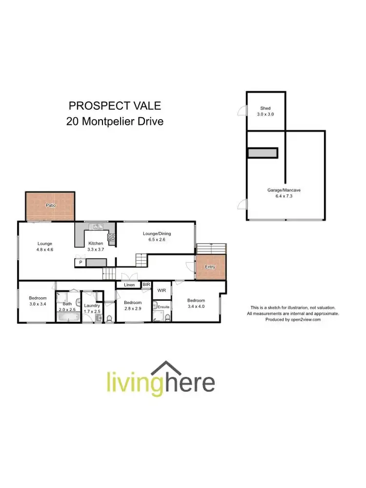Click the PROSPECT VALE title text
point(115,105)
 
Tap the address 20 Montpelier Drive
point(115,121)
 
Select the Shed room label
point(265,108)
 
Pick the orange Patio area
point(50,206)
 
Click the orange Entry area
point(210,267)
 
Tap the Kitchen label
point(95,244)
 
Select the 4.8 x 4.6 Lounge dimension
point(45,249)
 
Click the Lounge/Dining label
point(157,234)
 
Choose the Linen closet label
point(129,285)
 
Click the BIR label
point(146,284)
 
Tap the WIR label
point(162,290)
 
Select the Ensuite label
point(163,307)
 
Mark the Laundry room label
point(92,305)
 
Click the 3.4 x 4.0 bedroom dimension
point(196,306)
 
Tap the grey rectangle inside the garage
point(263,153)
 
